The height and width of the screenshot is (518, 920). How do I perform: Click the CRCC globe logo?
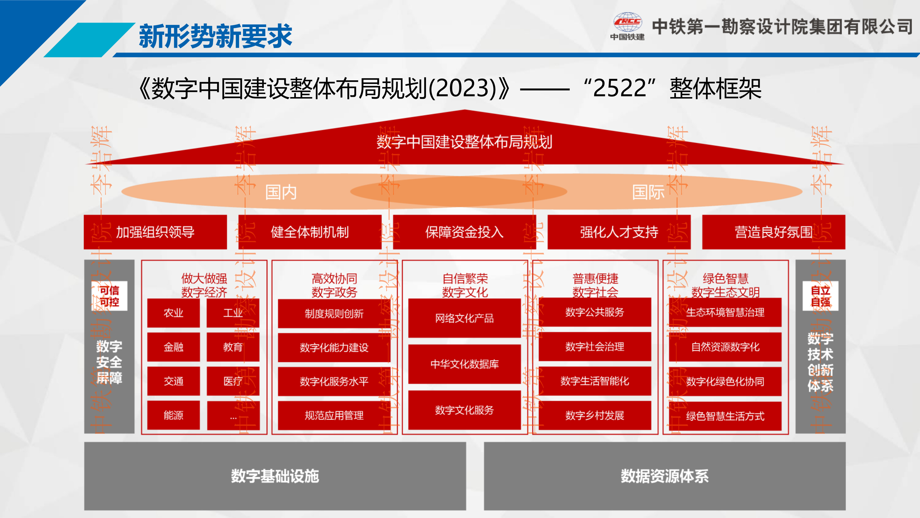coord(627,22)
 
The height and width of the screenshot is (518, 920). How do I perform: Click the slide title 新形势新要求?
coord(215,36)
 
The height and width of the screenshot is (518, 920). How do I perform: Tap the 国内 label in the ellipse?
coord(281,192)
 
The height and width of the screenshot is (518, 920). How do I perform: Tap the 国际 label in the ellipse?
coord(648,192)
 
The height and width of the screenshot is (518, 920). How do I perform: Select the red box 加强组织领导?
coord(155,232)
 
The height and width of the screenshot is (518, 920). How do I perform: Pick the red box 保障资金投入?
coord(464,232)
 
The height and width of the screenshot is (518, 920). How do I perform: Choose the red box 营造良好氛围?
coord(774,232)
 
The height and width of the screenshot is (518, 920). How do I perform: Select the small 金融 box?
coord(173,347)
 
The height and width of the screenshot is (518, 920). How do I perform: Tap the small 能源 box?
coord(173,415)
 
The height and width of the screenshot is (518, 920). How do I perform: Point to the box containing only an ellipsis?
coord(233,415)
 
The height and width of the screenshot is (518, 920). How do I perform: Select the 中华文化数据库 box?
coord(464,364)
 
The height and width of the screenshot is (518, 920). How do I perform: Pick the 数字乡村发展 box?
coord(595,415)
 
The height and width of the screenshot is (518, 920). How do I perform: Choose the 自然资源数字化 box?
coord(725,347)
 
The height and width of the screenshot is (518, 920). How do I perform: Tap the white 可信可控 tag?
coord(109,296)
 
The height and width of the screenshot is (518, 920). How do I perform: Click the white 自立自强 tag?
coord(820,296)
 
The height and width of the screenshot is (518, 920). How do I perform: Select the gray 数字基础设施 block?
coord(275,476)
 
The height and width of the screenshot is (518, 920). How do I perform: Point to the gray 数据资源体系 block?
coord(665,476)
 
